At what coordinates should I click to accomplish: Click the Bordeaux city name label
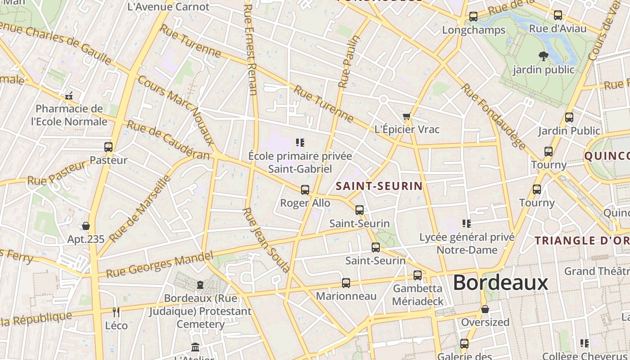500,283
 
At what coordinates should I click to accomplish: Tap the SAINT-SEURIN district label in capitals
379,186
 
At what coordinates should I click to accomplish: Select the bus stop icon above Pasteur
108,147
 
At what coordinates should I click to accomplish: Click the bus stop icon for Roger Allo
305,190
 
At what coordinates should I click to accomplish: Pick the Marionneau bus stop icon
346,283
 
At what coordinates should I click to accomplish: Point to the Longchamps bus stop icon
473,17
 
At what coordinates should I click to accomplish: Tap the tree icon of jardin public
543,56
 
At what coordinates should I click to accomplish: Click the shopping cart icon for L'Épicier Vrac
407,117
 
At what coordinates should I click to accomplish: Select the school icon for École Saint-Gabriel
300,143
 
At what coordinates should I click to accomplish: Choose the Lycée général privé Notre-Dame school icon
467,224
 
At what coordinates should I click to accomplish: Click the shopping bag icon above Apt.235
86,226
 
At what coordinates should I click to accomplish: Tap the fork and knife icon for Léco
116,312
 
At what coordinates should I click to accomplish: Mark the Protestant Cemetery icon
200,285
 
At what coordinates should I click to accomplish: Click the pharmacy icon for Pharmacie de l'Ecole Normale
69,96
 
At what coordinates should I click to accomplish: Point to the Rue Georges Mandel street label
159,265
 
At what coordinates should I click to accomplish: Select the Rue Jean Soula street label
266,240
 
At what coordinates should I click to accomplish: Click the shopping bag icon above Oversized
485,309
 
